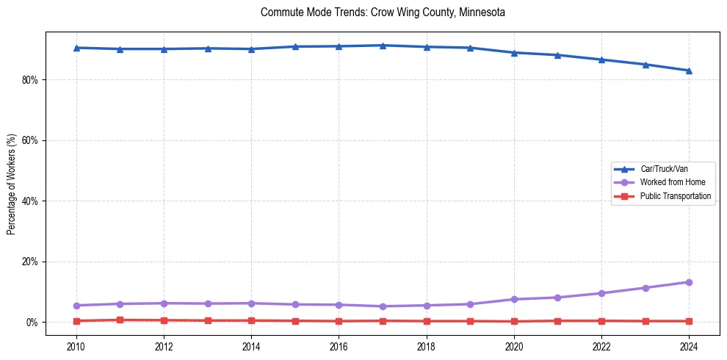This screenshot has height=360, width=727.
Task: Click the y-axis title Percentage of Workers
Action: [12, 184]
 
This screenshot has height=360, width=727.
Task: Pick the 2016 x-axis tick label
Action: [339, 345]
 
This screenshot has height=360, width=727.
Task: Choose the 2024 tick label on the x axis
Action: [689, 345]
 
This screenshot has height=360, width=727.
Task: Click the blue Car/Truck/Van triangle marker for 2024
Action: [689, 71]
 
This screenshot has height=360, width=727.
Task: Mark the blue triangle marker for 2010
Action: [76, 48]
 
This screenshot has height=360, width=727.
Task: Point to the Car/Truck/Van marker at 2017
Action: [383, 46]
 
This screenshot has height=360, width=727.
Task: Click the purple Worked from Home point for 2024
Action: [689, 282]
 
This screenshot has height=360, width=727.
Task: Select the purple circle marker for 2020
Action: [514, 299]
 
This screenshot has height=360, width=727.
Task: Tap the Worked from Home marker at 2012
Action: [164, 303]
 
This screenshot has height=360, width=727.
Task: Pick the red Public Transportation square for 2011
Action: [120, 320]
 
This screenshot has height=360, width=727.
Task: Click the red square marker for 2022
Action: [601, 321]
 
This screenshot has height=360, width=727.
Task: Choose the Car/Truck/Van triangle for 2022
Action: [601, 60]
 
